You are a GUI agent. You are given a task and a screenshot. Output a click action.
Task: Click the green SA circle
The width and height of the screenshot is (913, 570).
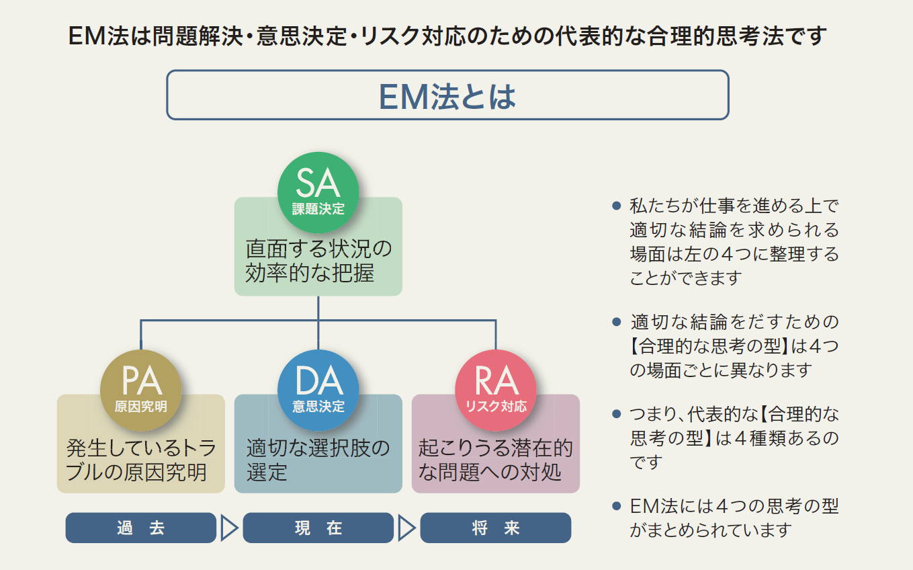[318, 192]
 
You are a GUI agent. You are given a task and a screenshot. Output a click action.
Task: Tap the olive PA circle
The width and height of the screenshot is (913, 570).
[140, 390]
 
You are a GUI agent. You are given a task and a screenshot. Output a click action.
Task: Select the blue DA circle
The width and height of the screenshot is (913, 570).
[318, 390]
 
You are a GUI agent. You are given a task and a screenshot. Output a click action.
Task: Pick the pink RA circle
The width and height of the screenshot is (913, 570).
[496, 390]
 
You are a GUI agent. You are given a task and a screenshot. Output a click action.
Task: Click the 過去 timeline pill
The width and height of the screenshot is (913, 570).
[140, 528]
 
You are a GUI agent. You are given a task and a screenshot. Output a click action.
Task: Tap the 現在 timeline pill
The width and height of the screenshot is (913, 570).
[318, 528]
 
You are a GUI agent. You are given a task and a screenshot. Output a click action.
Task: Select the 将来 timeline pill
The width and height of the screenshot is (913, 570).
[496, 528]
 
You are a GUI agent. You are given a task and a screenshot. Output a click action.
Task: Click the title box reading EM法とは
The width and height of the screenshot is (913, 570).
[447, 95]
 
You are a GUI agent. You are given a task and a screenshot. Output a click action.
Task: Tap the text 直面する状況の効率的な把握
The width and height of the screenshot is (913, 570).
[318, 261]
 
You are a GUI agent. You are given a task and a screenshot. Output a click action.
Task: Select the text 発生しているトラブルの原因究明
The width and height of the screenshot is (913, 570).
[140, 460]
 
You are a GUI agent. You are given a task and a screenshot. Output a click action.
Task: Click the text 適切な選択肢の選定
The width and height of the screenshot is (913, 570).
[318, 460]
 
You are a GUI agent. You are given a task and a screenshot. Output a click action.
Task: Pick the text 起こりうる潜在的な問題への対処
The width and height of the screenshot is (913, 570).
[496, 460]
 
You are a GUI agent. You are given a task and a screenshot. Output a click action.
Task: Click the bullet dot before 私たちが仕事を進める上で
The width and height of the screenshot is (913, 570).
[616, 206]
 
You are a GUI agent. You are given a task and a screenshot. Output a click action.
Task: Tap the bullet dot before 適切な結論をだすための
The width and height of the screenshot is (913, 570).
[616, 322]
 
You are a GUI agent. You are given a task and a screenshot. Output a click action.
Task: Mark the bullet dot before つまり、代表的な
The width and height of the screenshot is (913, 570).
[616, 414]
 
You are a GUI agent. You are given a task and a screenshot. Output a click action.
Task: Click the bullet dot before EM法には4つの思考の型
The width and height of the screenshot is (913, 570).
[616, 506]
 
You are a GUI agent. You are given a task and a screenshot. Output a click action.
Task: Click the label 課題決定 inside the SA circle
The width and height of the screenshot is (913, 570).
[318, 209]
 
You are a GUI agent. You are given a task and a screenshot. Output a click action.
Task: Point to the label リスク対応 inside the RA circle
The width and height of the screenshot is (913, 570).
[496, 407]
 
